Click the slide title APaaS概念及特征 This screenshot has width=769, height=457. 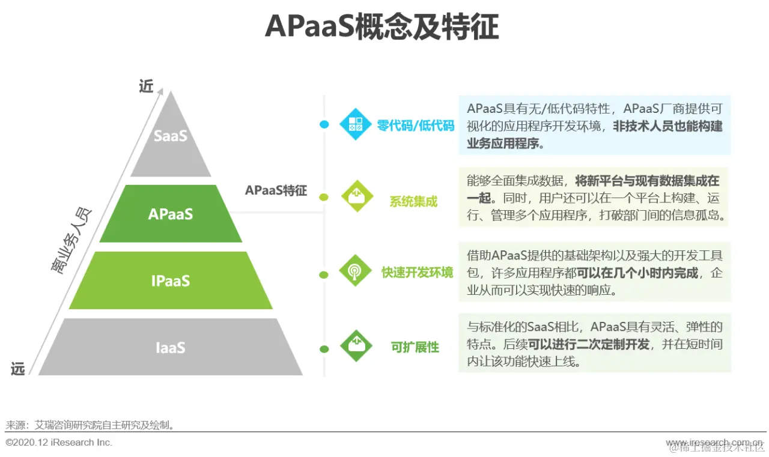click(x=381, y=27)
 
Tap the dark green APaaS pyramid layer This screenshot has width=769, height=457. click(x=171, y=214)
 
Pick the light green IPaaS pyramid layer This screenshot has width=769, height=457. click(x=171, y=280)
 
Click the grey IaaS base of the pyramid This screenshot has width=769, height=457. click(x=171, y=348)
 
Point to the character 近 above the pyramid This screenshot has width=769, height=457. click(x=147, y=86)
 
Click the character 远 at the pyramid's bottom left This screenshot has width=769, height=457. click(x=18, y=369)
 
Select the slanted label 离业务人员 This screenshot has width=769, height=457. click(x=71, y=240)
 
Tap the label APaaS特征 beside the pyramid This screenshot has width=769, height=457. click(x=276, y=191)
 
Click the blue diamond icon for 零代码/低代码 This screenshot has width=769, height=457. click(x=356, y=124)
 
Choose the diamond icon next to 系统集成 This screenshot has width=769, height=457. click(x=357, y=196)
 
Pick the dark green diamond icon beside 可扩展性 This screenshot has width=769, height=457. click(x=356, y=345)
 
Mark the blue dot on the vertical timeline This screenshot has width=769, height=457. click(x=324, y=124)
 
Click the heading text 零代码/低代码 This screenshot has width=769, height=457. click(x=416, y=126)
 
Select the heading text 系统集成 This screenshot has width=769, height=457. click(x=413, y=202)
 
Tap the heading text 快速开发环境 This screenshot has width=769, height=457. click(x=418, y=272)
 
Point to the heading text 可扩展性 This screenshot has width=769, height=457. click(x=415, y=347)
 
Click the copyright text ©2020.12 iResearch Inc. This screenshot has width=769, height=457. click(x=59, y=443)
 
